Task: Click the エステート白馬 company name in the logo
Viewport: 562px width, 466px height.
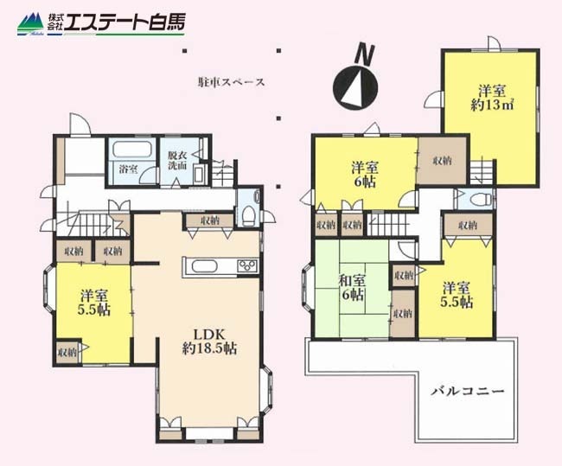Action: click(125, 22)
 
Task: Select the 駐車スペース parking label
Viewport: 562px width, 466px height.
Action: click(231, 82)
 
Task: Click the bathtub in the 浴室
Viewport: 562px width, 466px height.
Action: click(132, 149)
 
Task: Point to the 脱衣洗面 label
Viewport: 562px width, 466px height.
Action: click(177, 161)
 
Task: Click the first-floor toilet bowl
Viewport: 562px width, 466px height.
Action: click(248, 216)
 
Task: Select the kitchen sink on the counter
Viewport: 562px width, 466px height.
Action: click(204, 266)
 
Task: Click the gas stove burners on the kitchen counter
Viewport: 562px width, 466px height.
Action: click(247, 266)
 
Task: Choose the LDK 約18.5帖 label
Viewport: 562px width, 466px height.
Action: click(210, 342)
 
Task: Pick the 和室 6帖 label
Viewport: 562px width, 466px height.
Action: click(353, 288)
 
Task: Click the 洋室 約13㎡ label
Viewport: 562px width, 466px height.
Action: click(492, 98)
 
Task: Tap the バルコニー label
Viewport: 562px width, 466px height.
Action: click(468, 391)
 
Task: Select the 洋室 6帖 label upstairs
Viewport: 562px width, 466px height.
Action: click(365, 175)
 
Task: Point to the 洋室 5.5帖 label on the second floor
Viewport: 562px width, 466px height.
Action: click(457, 295)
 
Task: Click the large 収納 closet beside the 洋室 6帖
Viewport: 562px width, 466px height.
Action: click(443, 161)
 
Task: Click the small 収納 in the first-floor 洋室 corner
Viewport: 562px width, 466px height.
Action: click(67, 352)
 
